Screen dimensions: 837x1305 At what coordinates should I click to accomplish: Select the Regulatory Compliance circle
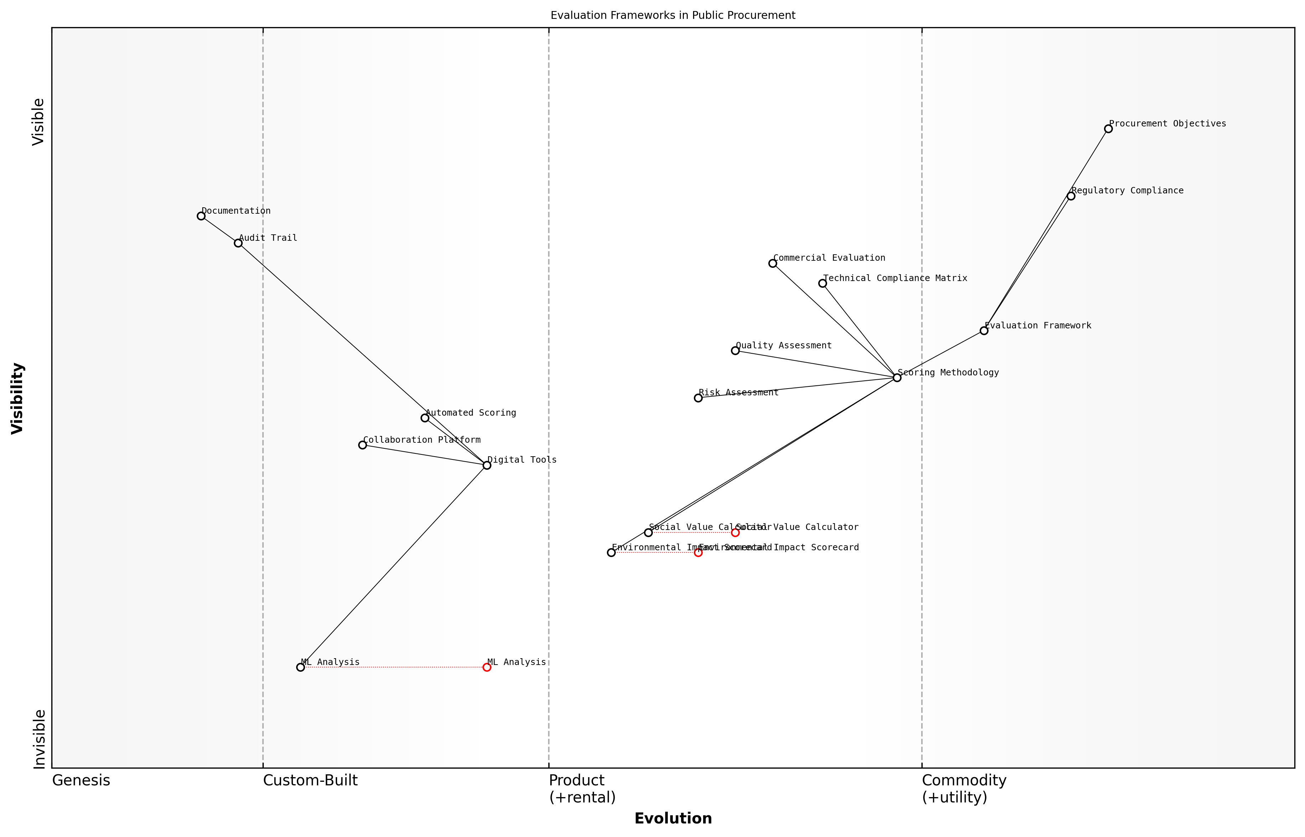pyautogui.click(x=1071, y=196)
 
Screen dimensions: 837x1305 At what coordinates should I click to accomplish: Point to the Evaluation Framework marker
pyautogui.click(x=984, y=331)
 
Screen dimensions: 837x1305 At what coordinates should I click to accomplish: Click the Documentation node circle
pyautogui.click(x=201, y=216)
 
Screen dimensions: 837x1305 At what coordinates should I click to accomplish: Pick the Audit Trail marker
pyautogui.click(x=238, y=243)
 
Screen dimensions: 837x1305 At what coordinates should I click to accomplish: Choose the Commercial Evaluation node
pyautogui.click(x=773, y=263)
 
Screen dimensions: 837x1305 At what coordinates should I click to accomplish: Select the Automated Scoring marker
pyautogui.click(x=425, y=418)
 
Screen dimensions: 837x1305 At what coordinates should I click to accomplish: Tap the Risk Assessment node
pyautogui.click(x=698, y=398)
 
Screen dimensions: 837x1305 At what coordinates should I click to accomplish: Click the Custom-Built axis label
pyautogui.click(x=310, y=780)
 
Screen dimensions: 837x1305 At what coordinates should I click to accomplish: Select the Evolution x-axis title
pyautogui.click(x=672, y=818)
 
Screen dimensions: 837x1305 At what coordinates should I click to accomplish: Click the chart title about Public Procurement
pyautogui.click(x=672, y=15)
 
